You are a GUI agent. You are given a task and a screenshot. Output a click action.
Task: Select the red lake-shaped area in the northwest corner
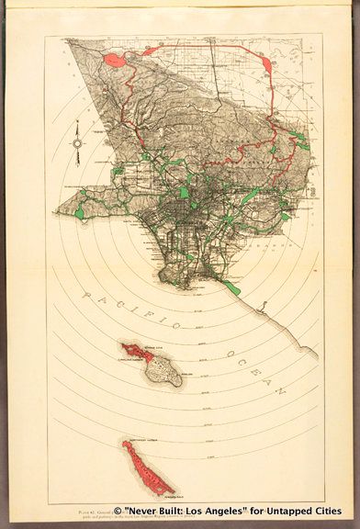click(115, 61)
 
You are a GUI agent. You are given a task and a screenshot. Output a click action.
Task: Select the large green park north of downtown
click(186, 194)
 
